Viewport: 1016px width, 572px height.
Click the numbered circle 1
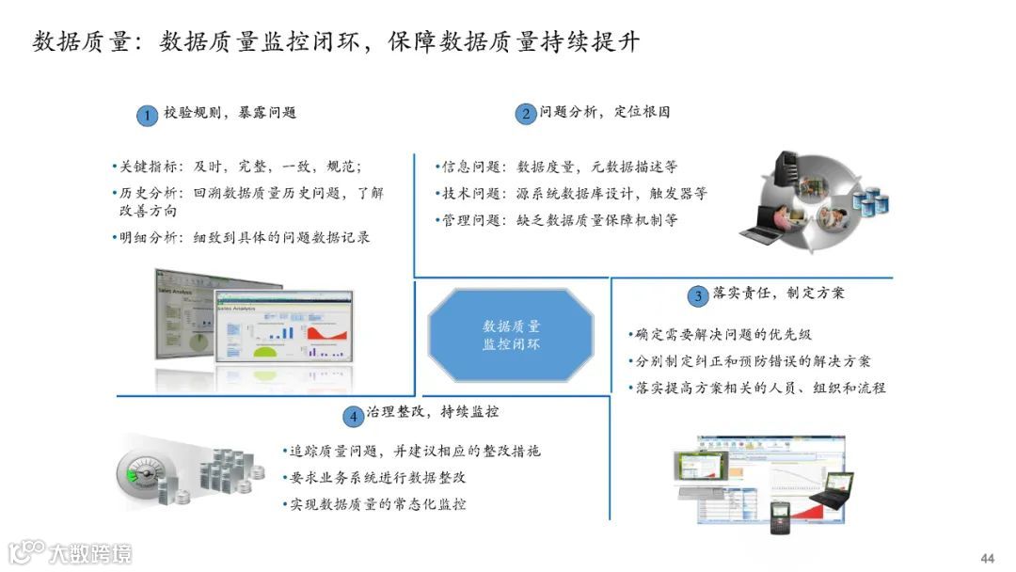pyautogui.click(x=146, y=116)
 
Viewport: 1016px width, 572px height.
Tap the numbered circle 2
pyautogui.click(x=525, y=115)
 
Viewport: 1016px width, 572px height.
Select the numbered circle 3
pyautogui.click(x=697, y=296)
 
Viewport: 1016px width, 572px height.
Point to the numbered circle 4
pyautogui.click(x=353, y=415)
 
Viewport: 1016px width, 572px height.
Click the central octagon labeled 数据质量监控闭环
pyautogui.click(x=511, y=335)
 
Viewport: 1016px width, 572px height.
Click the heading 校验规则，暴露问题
pyautogui.click(x=230, y=113)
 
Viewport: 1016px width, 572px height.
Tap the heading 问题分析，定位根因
pyautogui.click(x=604, y=112)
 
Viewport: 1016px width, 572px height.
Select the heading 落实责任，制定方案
pyautogui.click(x=778, y=294)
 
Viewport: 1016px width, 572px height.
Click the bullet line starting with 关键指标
pyautogui.click(x=236, y=167)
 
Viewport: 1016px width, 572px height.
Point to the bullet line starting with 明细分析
pyautogui.click(x=240, y=237)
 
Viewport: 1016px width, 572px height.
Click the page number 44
pyautogui.click(x=987, y=558)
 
